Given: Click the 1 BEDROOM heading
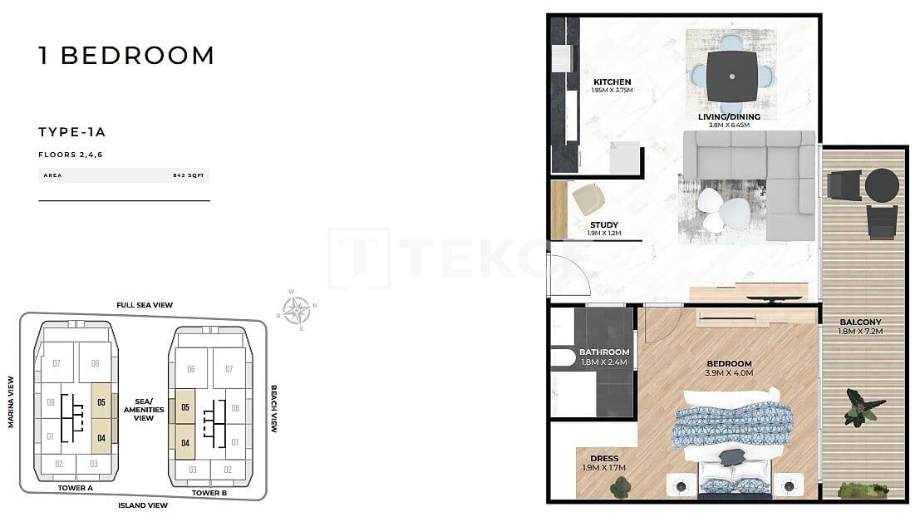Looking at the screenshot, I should pyautogui.click(x=126, y=56).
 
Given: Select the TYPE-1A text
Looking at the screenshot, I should pyautogui.click(x=72, y=131).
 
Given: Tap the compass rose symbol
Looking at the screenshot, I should pyautogui.click(x=297, y=310).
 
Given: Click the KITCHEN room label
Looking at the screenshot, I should pyautogui.click(x=613, y=81).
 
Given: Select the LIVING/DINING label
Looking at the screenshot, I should pyautogui.click(x=729, y=116).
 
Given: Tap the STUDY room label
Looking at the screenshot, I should pyautogui.click(x=603, y=224).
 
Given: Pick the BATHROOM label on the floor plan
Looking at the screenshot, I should pyautogui.click(x=604, y=352).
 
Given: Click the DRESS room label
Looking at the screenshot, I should pyautogui.click(x=604, y=458).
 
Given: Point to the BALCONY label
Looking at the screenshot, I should pyautogui.click(x=860, y=322).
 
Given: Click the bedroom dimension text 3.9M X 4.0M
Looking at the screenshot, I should pyautogui.click(x=729, y=373).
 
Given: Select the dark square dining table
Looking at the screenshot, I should pyautogui.click(x=731, y=76).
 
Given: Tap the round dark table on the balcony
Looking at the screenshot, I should pyautogui.click(x=882, y=185).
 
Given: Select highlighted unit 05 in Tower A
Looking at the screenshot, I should pyautogui.click(x=101, y=402).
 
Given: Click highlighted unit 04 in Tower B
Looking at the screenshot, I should pyautogui.click(x=184, y=443).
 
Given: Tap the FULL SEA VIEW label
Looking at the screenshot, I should pyautogui.click(x=145, y=305).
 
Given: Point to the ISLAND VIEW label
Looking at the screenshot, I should pyautogui.click(x=143, y=505).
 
